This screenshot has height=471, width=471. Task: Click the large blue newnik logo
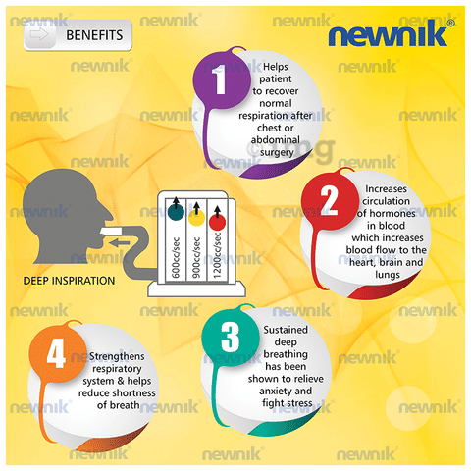pos(392,33)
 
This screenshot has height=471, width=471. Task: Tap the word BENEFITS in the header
pos(94,35)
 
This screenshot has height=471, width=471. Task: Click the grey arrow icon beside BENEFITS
pos(39,34)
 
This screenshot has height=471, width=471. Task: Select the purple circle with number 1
pos(222,79)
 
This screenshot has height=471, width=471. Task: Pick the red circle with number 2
pos(331,201)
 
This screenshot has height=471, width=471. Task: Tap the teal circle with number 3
pos(231,337)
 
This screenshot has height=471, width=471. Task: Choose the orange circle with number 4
pos(58,353)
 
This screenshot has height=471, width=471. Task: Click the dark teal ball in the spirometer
pos(176,212)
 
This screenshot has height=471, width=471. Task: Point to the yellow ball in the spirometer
pos(197,218)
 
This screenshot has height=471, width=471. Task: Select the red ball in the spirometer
pos(217,223)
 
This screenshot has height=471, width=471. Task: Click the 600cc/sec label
pos(176,257)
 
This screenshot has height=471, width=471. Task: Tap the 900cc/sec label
pos(196,257)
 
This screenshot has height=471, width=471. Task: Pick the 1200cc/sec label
pos(217,255)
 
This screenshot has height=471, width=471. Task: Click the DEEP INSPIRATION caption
pos(69,281)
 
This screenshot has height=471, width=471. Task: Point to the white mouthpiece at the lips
pos(112,231)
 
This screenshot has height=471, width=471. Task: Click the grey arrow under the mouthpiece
pos(120,243)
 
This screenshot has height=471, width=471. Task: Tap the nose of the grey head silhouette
pos(108,215)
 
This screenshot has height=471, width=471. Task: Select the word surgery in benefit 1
pos(277,152)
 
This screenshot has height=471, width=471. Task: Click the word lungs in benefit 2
pos(388,275)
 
